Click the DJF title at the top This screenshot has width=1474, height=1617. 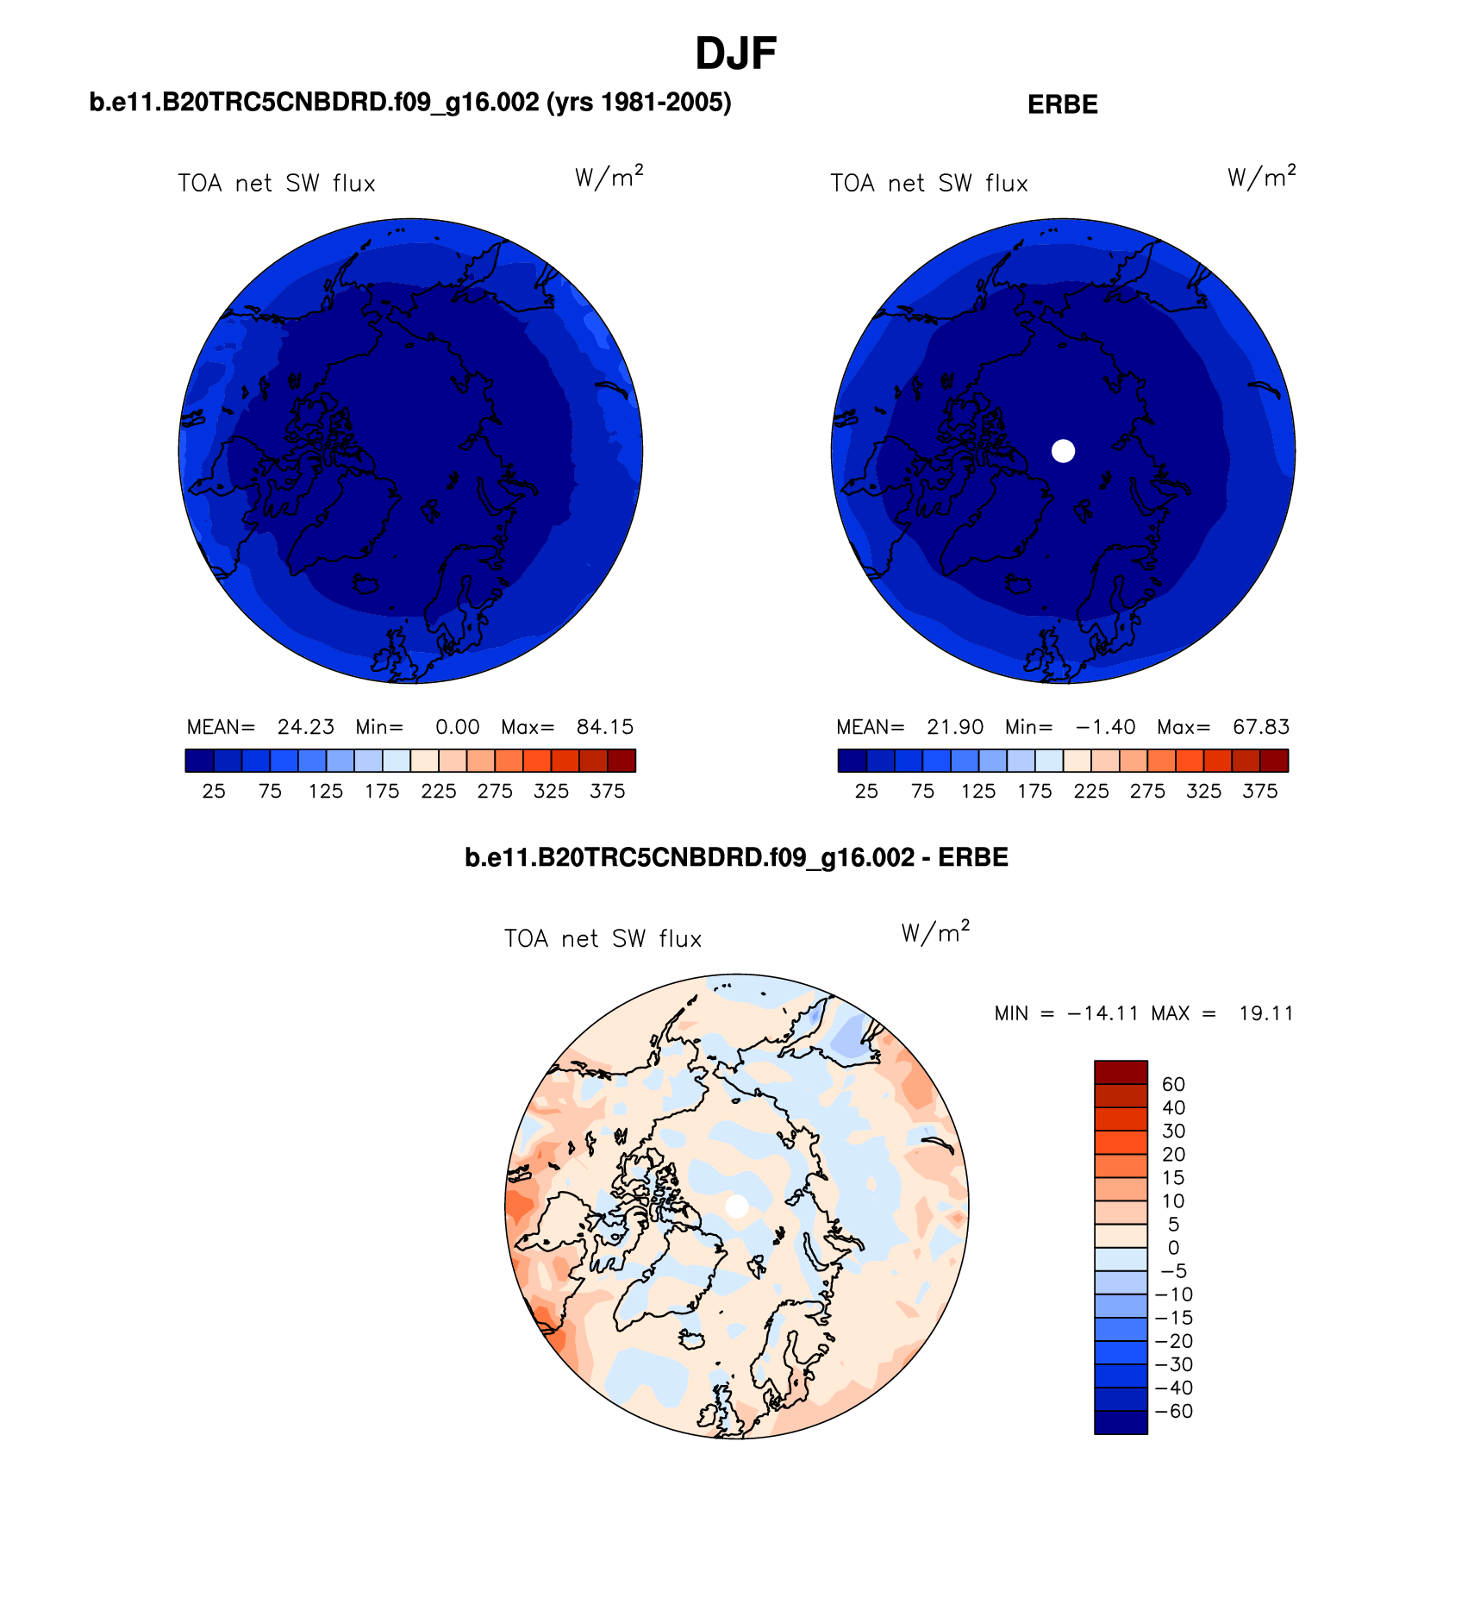735,54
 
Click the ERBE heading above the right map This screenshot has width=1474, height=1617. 1062,104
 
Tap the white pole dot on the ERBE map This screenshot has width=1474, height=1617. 1063,450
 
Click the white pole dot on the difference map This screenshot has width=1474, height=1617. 737,1206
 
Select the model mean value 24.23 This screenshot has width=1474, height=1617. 305,727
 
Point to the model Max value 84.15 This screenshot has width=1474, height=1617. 604,727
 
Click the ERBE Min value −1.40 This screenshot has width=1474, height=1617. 1106,727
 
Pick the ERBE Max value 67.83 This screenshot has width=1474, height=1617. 1260,727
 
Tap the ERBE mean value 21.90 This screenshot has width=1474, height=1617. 955,727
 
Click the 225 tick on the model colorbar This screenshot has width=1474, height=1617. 439,791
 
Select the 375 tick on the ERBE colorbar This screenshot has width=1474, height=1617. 1259,791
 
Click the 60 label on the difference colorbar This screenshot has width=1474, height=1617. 1173,1084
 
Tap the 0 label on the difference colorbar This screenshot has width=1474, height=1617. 1173,1248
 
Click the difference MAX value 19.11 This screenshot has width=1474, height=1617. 1265,1013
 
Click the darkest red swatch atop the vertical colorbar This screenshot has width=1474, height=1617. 1121,1072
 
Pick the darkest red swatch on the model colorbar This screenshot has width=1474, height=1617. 621,760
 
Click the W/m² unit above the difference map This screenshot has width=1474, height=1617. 935,933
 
